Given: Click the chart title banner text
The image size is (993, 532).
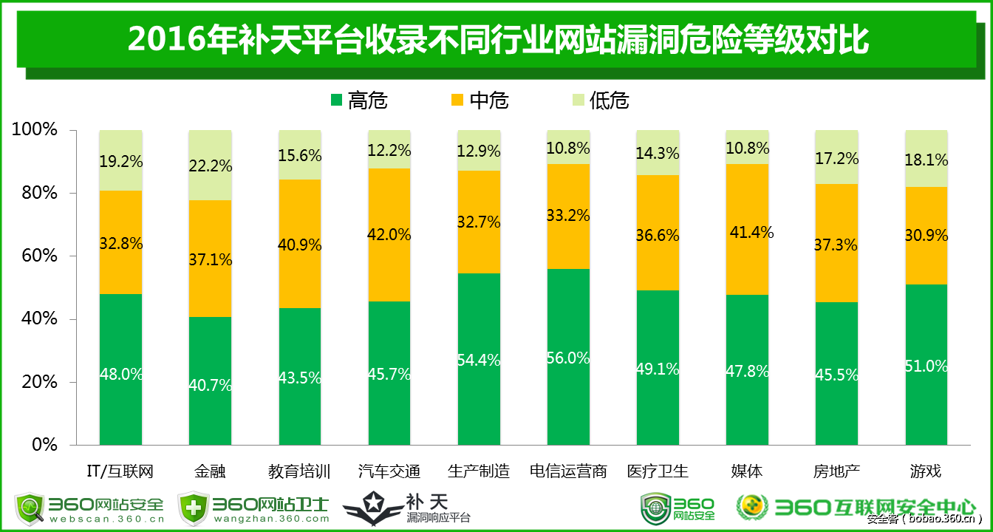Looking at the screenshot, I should click(x=496, y=39).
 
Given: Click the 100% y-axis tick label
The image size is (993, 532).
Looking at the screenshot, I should click(x=34, y=130).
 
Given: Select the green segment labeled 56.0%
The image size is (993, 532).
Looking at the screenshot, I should click(x=568, y=357).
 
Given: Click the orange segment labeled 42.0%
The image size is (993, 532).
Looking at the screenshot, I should click(x=389, y=234).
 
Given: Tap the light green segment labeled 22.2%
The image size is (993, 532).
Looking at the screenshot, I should click(x=210, y=166).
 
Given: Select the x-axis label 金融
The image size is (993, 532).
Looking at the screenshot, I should click(x=210, y=471).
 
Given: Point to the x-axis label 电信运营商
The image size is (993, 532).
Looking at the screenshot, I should click(x=568, y=471).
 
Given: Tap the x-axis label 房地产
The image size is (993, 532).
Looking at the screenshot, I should click(x=836, y=471).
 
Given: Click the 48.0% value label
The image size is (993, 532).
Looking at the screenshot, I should click(x=121, y=374).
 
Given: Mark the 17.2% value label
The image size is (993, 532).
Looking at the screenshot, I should click(x=837, y=158).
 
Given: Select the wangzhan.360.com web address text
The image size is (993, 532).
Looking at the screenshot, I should click(x=272, y=519).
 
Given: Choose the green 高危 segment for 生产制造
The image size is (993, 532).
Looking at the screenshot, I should click(x=479, y=359).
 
